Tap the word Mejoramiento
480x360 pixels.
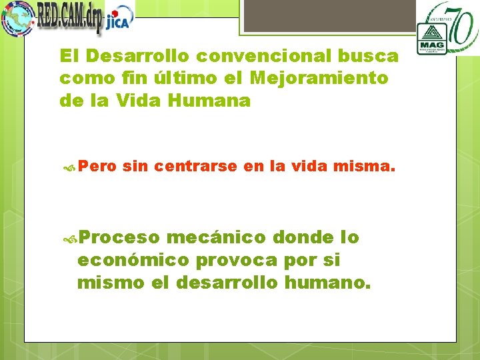pos(319,78)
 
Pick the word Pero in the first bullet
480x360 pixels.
pos(100,167)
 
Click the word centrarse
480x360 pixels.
pos(195,167)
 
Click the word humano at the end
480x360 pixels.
pos(326,283)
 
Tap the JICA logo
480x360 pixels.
pos(120,19)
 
